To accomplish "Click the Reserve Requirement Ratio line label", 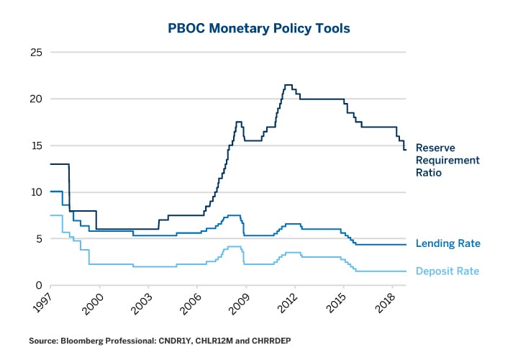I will [x=447, y=160].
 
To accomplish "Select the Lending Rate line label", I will [x=447, y=244].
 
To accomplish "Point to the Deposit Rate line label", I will [x=447, y=271].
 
